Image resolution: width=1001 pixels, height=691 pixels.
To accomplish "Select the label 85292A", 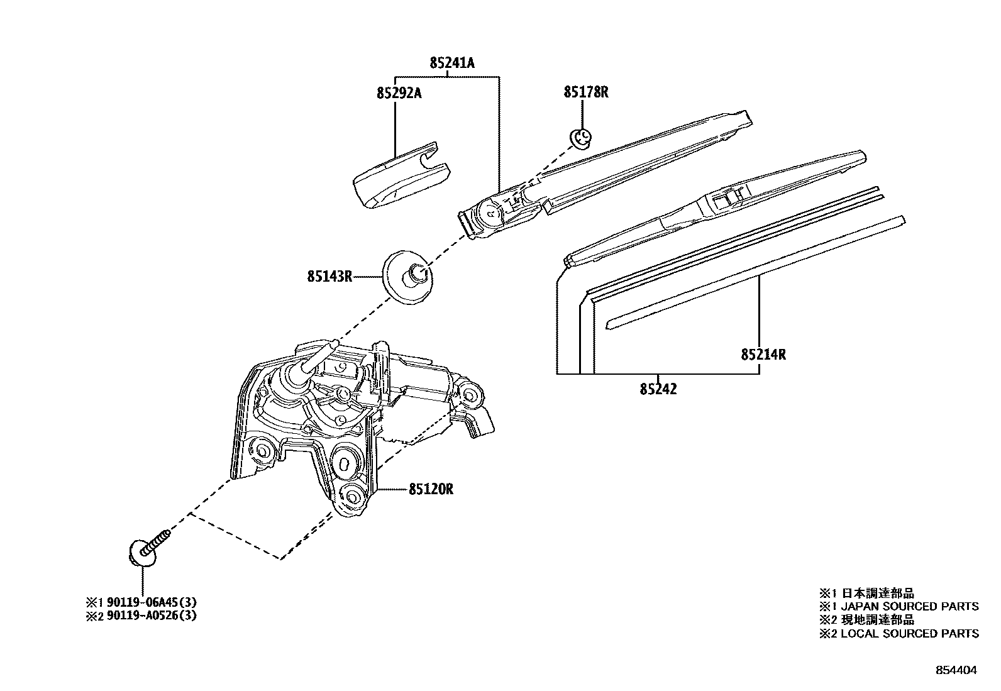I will (399, 93).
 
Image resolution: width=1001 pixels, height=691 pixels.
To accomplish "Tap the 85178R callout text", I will (585, 92).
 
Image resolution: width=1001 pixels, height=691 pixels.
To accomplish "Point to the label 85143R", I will (329, 276).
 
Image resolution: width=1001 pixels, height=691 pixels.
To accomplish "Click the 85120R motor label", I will (431, 489).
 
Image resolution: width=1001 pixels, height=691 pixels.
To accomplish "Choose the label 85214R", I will (763, 355).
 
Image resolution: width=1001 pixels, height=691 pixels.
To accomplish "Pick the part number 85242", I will (658, 389).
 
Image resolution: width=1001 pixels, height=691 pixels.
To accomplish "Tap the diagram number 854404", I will (956, 670).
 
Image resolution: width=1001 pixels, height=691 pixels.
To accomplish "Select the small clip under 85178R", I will (580, 138).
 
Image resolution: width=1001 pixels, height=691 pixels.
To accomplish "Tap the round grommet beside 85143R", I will (408, 277).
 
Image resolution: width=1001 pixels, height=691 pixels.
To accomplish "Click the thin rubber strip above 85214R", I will (755, 270).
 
